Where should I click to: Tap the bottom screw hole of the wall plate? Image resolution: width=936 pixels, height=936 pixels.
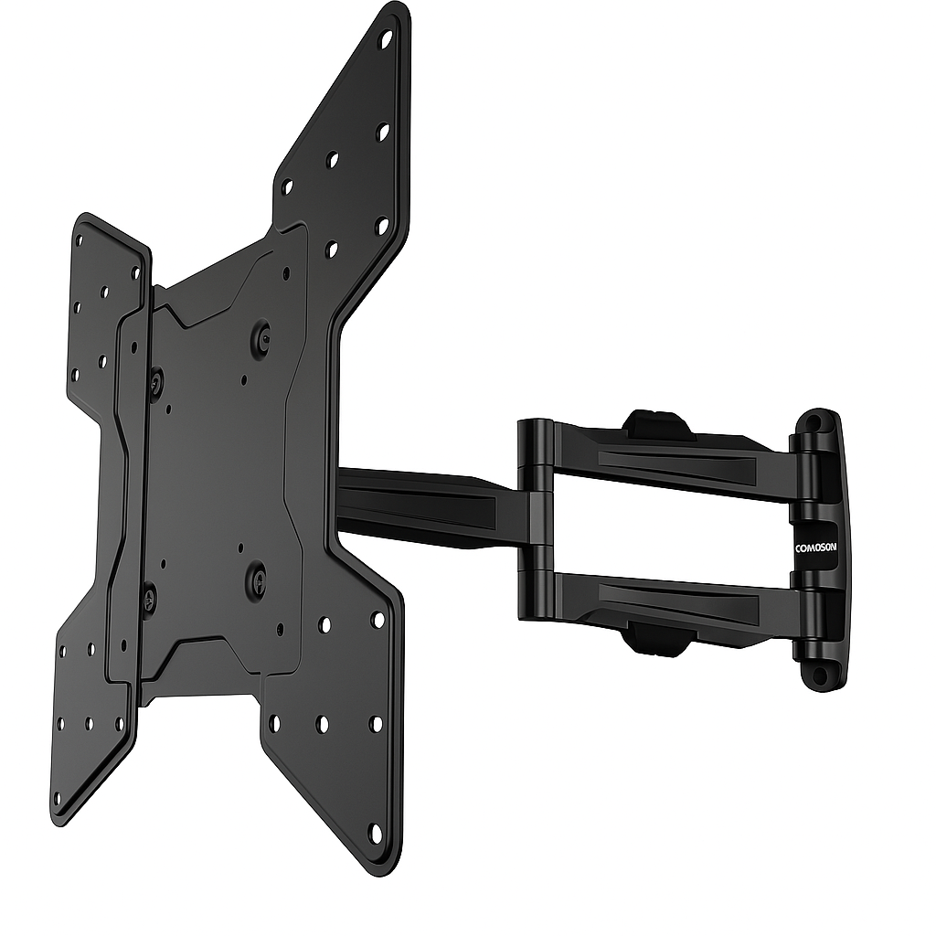pyautogui.click(x=819, y=675)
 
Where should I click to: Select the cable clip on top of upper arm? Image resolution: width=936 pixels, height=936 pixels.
pyautogui.click(x=658, y=422)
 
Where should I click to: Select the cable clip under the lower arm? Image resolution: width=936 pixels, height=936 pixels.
pyautogui.click(x=656, y=641)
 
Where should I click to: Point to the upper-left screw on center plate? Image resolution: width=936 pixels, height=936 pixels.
pyautogui.click(x=155, y=383)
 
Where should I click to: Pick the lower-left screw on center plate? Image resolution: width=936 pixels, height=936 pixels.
pyautogui.click(x=148, y=600)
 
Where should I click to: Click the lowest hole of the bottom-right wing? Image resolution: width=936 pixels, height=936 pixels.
pyautogui.click(x=375, y=832)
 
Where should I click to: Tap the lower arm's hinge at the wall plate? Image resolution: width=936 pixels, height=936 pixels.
pyautogui.click(x=806, y=622)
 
